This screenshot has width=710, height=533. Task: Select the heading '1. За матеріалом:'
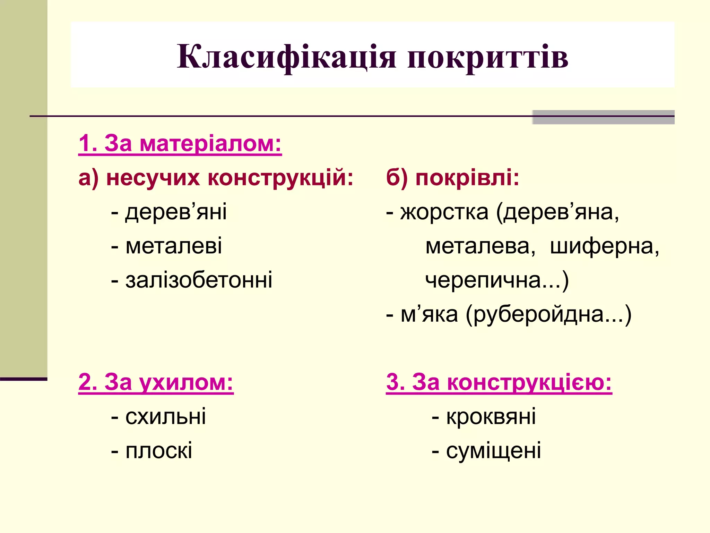point(180,143)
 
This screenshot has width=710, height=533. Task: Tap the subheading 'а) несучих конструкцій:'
point(216,178)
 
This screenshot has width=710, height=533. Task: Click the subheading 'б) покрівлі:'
point(452,178)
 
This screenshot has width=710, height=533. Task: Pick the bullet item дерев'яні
point(176,212)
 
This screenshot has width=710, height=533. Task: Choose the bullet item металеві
point(173,246)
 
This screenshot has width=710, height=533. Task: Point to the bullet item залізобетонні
point(199,280)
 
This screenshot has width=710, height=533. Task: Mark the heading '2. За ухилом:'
point(156,382)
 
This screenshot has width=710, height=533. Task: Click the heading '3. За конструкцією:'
point(499,382)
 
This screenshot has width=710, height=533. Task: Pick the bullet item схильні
point(165,416)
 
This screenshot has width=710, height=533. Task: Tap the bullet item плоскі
point(158,451)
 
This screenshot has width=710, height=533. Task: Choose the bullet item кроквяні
point(491,416)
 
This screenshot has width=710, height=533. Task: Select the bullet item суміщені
point(493,451)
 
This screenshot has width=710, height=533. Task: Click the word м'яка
point(429,314)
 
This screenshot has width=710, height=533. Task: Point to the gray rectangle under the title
point(603,117)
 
